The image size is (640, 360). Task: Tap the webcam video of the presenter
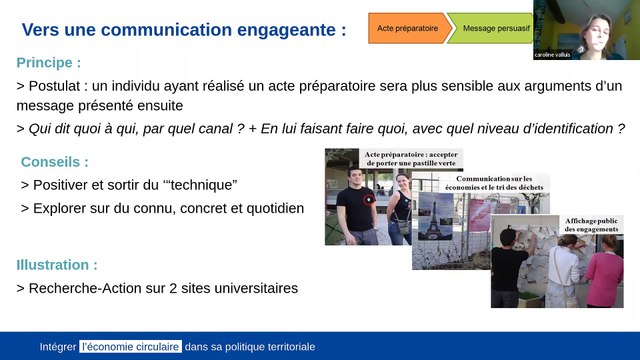click(586, 28)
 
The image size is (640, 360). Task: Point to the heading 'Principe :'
click(53, 63)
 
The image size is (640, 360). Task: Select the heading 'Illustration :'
click(57, 266)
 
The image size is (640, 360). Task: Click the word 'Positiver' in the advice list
click(67, 185)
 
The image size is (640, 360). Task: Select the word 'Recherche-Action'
click(92, 289)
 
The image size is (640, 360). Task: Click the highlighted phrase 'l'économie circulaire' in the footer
click(130, 347)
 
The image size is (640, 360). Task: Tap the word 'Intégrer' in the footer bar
click(58, 347)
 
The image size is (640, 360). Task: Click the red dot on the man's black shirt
click(371, 198)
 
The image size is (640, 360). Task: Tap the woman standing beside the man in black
click(399, 205)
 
